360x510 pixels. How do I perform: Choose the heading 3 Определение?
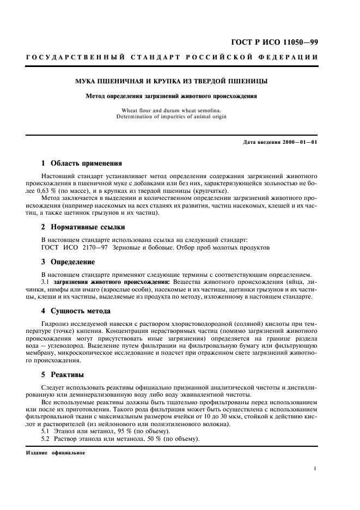pyautogui.click(x=68, y=262)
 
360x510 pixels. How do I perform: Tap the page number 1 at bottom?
pyautogui.click(x=316, y=467)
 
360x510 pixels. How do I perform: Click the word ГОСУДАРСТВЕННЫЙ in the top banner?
pyautogui.click(x=76, y=57)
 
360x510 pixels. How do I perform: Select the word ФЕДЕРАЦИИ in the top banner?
pyautogui.click(x=290, y=57)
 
